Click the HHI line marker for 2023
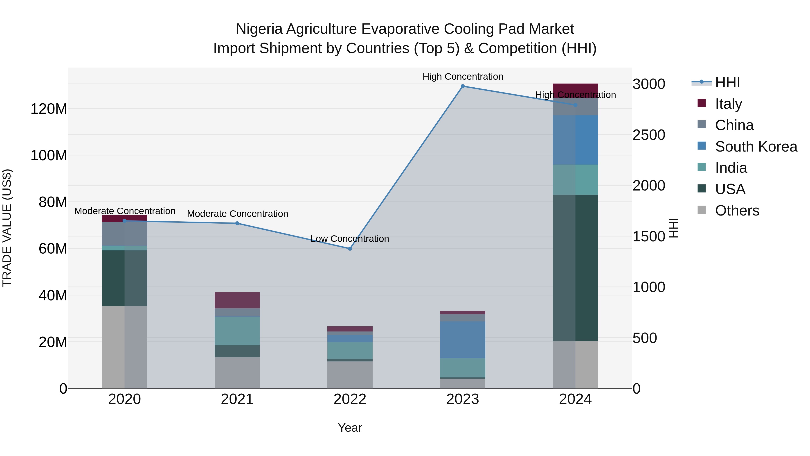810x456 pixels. coord(463,86)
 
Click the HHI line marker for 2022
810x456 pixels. coord(350,249)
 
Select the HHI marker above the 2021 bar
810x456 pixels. coord(237,223)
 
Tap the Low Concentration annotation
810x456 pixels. coord(350,239)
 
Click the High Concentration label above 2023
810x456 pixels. coord(463,77)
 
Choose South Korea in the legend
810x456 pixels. coord(756,147)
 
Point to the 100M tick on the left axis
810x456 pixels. coord(49,155)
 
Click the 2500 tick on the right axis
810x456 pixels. coord(649,135)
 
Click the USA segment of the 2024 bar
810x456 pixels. coord(575,268)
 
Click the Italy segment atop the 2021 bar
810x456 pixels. coord(237,300)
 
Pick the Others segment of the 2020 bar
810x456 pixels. coord(124,347)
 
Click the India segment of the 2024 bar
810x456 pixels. coord(575,180)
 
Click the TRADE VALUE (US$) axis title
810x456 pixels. coord(7,228)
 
